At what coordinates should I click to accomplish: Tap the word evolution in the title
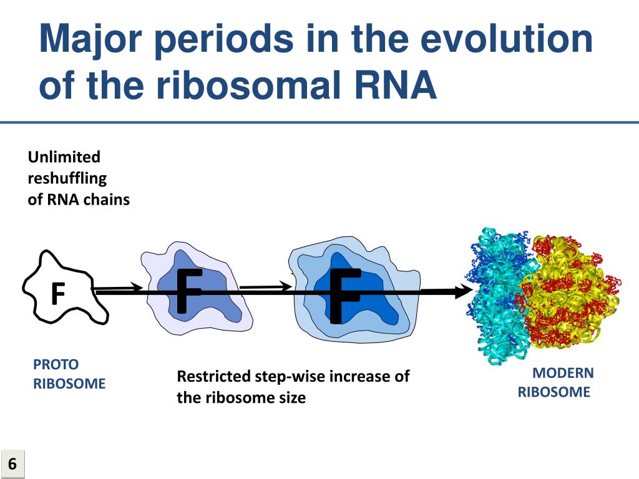506,38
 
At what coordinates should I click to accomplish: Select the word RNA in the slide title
396,85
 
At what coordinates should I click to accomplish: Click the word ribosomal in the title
248,85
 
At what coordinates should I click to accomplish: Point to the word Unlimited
64,157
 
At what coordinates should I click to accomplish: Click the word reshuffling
67,178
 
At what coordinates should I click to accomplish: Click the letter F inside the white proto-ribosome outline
58,293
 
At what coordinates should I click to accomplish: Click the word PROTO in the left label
56,364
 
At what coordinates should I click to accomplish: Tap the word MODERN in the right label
563,373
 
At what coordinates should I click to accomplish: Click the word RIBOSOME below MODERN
554,392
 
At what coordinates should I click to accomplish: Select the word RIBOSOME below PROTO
69,384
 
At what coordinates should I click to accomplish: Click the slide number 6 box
12,463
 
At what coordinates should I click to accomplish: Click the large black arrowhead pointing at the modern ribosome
464,291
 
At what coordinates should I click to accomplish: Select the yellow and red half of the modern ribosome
570,291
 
